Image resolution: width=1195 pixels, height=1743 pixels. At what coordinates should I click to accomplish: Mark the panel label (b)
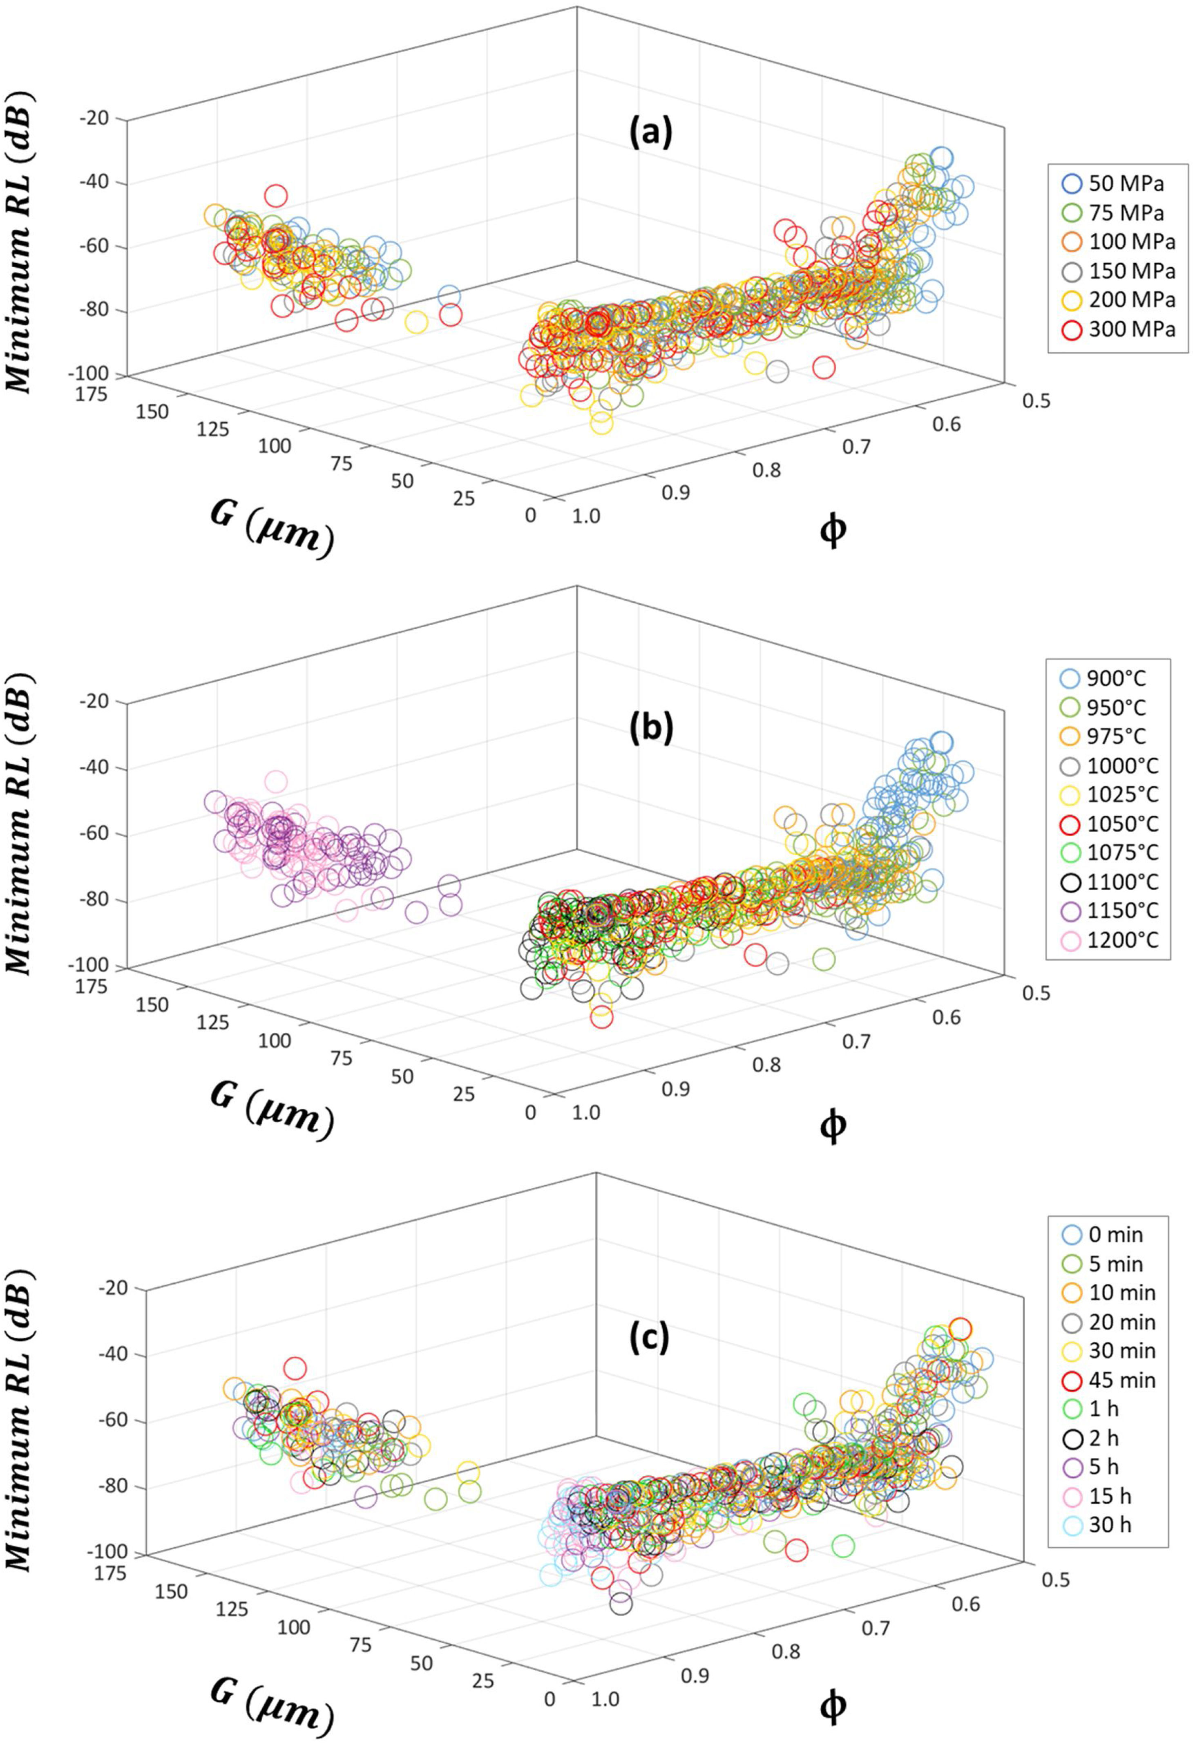point(651,729)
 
